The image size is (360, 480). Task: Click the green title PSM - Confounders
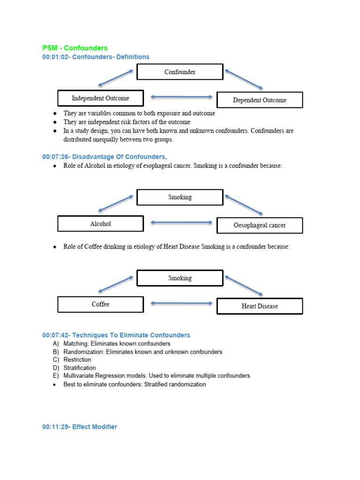click(75, 48)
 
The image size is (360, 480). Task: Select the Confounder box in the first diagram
click(180, 72)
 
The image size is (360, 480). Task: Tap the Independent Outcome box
click(100, 98)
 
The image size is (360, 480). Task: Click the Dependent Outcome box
click(260, 100)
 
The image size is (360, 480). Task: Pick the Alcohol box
click(100, 224)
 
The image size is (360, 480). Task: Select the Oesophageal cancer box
click(260, 225)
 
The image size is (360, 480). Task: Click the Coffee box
click(100, 304)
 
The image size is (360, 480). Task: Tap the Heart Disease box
click(260, 306)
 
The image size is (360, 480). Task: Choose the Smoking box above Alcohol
click(180, 197)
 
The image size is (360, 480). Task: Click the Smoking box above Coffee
click(180, 278)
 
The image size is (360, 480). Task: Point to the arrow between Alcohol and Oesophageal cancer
click(181, 223)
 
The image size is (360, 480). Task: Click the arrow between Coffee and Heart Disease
click(181, 303)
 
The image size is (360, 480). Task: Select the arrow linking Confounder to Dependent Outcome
click(244, 79)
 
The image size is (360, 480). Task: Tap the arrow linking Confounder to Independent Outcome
click(116, 78)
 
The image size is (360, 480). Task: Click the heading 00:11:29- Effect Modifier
click(80, 427)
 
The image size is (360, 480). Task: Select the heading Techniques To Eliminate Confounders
click(131, 335)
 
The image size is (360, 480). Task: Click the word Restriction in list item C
click(77, 360)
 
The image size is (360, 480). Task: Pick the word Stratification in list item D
click(80, 368)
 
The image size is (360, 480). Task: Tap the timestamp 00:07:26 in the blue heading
click(56, 157)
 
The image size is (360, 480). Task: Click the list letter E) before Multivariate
click(56, 376)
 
